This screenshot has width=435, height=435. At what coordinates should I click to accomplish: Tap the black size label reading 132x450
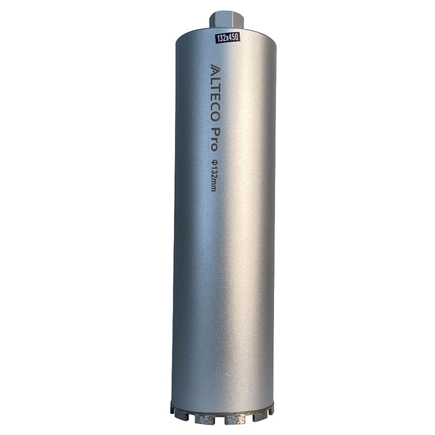click(226, 37)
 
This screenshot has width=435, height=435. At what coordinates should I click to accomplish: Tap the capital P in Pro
click(214, 131)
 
